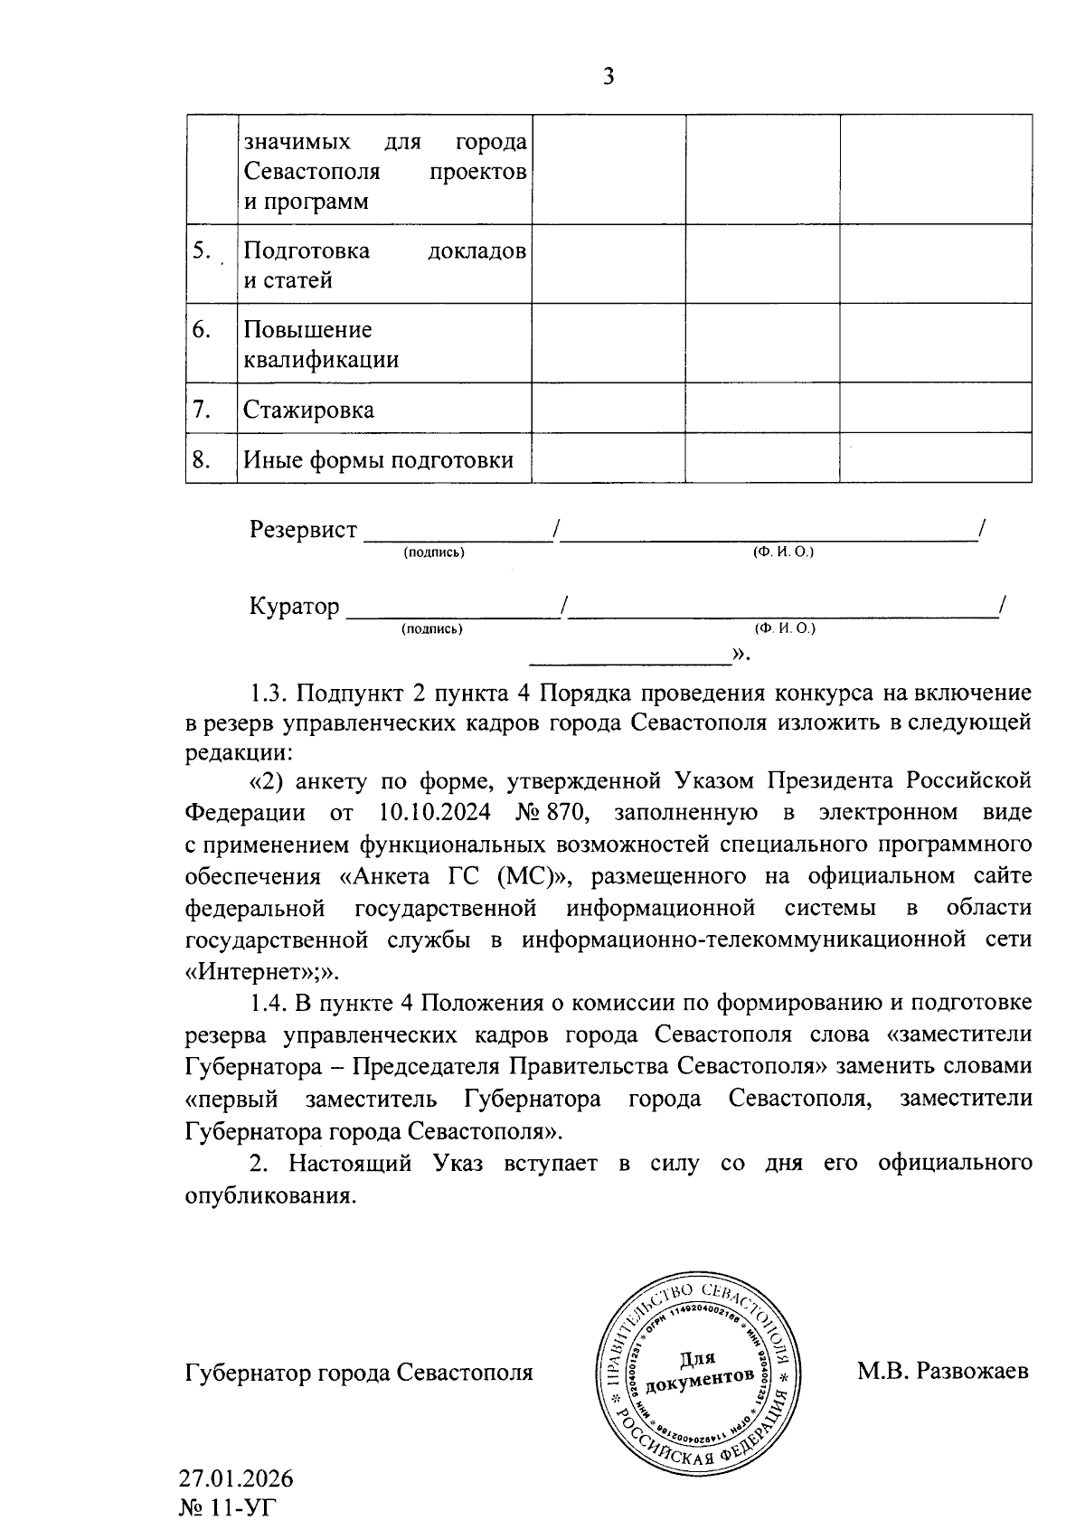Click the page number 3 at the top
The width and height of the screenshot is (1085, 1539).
(608, 78)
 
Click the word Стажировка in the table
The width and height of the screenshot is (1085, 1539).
(308, 411)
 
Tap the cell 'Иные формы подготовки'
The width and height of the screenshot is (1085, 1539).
(378, 461)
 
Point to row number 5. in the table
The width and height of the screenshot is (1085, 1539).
(201, 251)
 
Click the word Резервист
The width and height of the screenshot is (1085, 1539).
(303, 530)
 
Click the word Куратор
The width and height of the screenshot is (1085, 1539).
(295, 606)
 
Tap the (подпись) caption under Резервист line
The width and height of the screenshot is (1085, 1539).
(434, 552)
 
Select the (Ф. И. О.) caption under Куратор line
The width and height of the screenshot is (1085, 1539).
(783, 628)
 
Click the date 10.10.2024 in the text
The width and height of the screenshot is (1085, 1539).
(435, 812)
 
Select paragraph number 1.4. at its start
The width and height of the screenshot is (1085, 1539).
(269, 1003)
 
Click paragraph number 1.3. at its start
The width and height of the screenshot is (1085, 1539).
(269, 694)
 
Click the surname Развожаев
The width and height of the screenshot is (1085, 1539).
(972, 1372)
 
